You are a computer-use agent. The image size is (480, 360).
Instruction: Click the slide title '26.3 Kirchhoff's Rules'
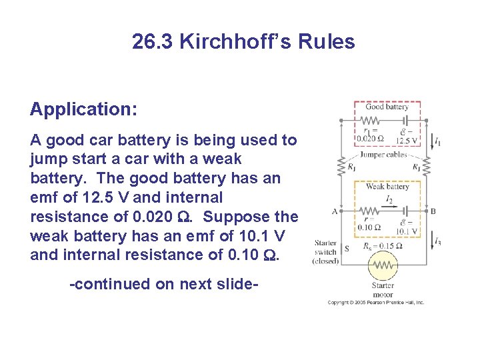pos(243,42)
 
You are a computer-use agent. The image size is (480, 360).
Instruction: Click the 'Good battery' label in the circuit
pos(387,107)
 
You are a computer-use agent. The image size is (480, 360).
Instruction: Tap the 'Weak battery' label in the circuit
pos(387,187)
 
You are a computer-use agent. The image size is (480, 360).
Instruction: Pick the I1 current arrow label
pos(437,141)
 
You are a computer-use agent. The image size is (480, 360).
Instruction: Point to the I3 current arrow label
pos(437,241)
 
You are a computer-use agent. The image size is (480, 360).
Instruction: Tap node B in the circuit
pos(433,211)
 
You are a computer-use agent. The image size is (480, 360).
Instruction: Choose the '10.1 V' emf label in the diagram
pos(406,231)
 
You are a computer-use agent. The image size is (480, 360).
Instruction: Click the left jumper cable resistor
pos(341,167)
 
